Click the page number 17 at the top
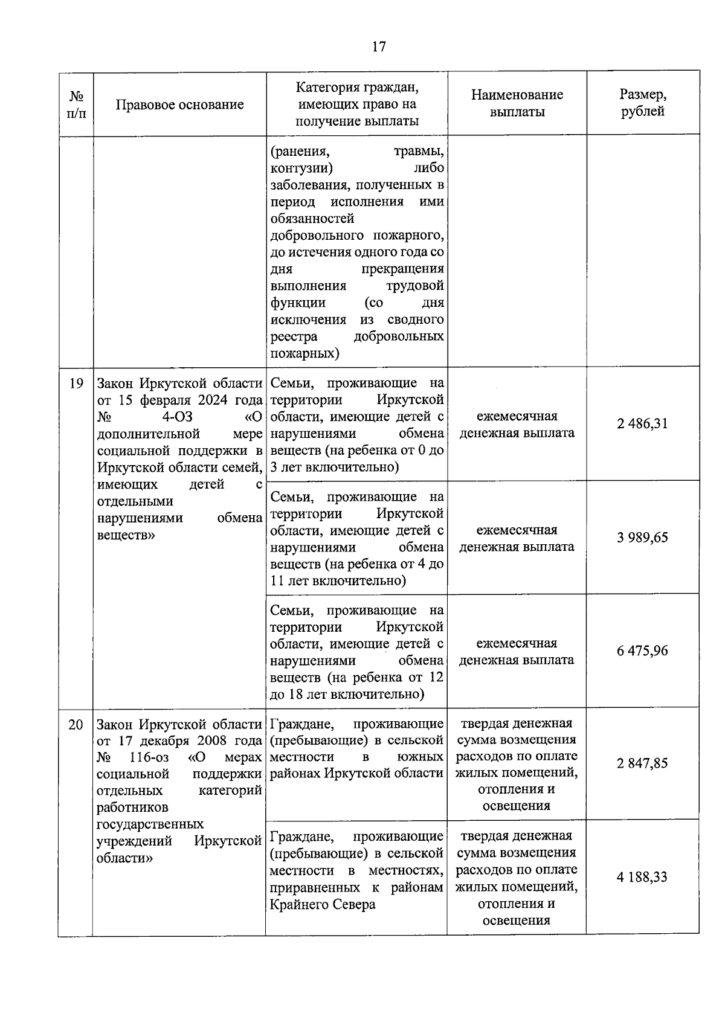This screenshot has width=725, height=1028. click(x=379, y=47)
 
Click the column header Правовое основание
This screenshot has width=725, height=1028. click(x=179, y=104)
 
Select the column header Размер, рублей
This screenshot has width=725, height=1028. click(x=643, y=103)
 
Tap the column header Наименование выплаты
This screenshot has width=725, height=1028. click(x=517, y=103)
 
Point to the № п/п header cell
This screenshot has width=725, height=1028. click(x=76, y=104)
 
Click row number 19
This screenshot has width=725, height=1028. click(x=76, y=383)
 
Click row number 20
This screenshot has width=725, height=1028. click(x=76, y=724)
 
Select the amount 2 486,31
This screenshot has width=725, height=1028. click(x=642, y=423)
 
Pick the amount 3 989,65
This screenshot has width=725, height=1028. click(x=642, y=538)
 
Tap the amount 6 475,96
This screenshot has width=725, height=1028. click(x=642, y=651)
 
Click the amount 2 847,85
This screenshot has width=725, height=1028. click(x=642, y=763)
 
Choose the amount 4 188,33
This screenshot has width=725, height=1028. click(x=642, y=877)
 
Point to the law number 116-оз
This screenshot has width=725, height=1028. click(x=149, y=757)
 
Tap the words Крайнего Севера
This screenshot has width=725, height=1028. click(x=322, y=905)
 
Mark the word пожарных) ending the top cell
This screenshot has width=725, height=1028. click(x=304, y=353)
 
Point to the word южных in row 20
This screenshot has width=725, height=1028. click(x=420, y=757)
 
